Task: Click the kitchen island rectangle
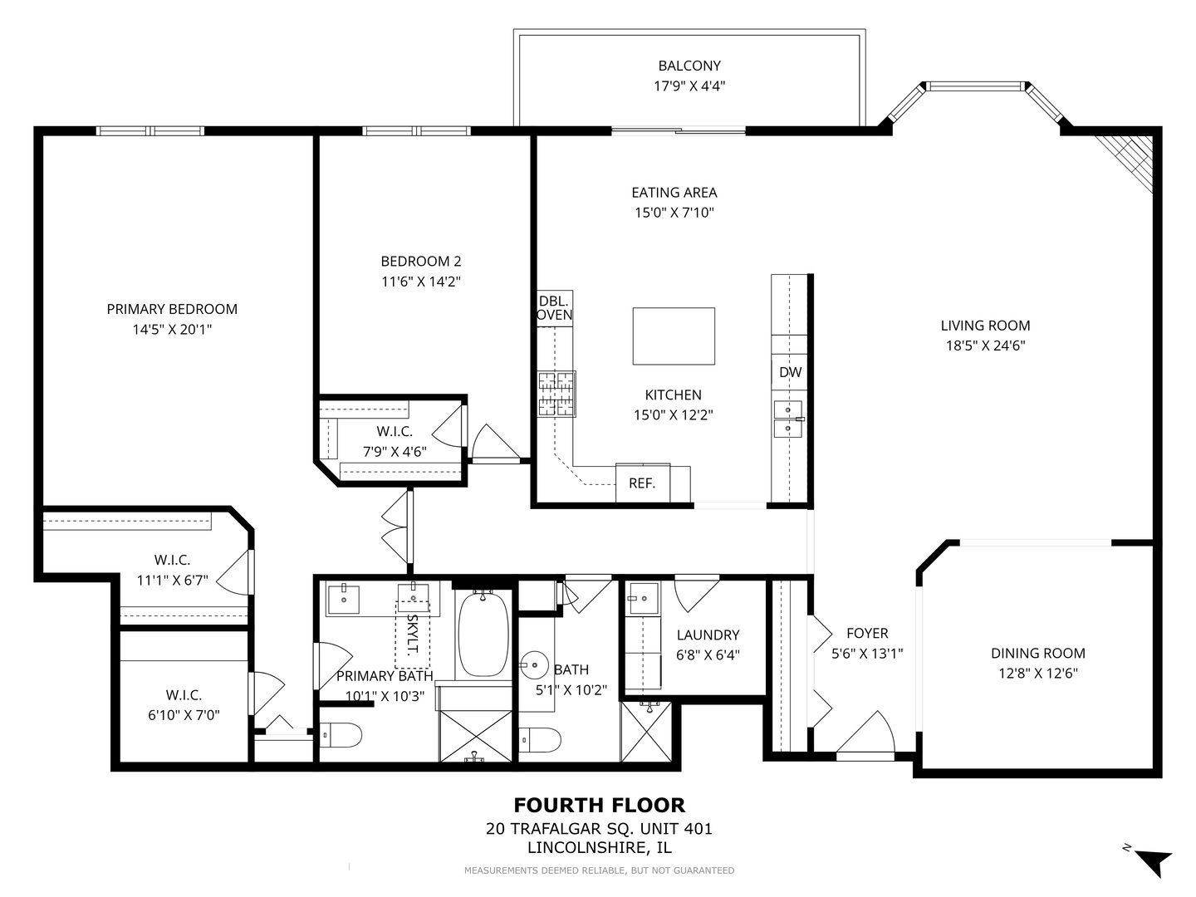[x=674, y=336]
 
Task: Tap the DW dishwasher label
[x=790, y=373]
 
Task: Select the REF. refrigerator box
[x=642, y=483]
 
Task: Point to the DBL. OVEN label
[x=555, y=308]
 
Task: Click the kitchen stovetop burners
[x=556, y=394]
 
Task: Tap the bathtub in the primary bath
[x=483, y=634]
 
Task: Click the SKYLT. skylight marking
[x=413, y=635]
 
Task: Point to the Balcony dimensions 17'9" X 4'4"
[x=689, y=86]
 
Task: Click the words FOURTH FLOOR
[x=600, y=805]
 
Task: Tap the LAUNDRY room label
[x=708, y=635]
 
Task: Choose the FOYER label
[x=867, y=634]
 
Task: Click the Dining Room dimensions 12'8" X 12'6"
[x=1038, y=673]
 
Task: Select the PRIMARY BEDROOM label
[x=172, y=309]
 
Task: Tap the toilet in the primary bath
[x=341, y=736]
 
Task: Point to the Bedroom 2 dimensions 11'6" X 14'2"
[x=420, y=282]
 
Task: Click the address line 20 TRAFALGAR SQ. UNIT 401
[x=600, y=829]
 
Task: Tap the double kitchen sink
[x=788, y=419]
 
